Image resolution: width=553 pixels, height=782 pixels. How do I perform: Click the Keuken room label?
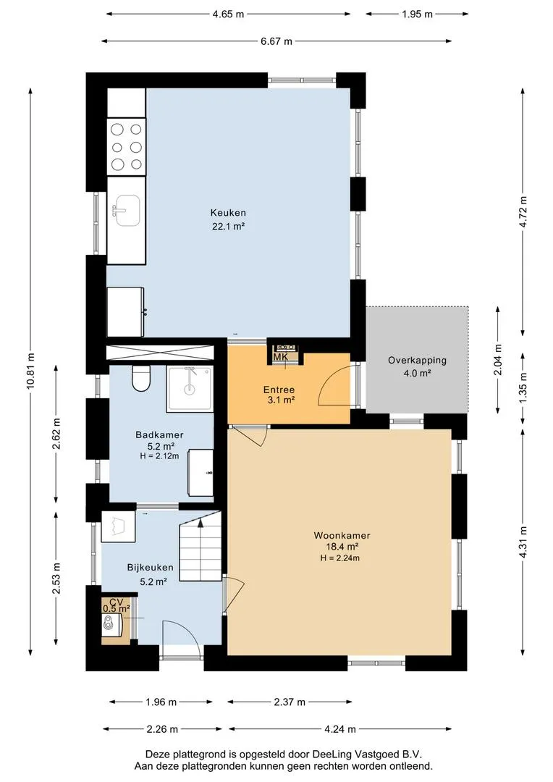pos(228,213)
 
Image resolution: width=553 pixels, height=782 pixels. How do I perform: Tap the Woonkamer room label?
pos(342,536)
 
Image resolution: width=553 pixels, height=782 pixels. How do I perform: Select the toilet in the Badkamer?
pos(141,379)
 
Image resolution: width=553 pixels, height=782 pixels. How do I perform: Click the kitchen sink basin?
pos(126,211)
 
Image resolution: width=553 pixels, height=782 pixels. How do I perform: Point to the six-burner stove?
pos(127,147)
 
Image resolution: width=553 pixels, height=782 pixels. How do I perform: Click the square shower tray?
pos(190,389)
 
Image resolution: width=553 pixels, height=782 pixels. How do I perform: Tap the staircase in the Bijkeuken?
pos(200,549)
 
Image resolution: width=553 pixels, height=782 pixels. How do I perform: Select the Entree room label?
pos(279,390)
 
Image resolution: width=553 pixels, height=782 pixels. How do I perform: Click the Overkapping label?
pos(418,360)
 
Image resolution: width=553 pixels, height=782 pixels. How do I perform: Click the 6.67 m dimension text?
pos(276,41)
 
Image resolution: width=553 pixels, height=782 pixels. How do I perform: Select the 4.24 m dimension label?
pos(340,729)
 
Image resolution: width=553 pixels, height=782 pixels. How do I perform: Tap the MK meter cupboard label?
pos(281,357)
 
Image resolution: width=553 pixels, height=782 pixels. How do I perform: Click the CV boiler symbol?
pos(111,624)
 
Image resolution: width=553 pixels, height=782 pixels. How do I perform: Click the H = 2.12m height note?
pos(159,455)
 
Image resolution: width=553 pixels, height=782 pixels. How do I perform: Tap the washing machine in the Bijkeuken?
pos(118,526)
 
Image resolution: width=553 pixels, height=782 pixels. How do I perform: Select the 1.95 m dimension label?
pos(418,14)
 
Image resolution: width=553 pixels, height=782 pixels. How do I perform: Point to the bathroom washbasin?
pos(201,472)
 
